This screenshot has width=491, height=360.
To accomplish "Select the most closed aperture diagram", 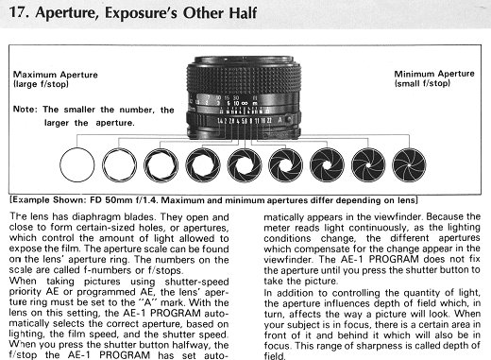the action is click(409, 165).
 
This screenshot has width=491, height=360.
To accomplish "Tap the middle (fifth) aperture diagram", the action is click(245, 165).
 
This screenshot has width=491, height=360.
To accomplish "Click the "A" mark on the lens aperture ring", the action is click(279, 120).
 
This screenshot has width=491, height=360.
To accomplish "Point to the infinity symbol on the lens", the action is click(245, 103).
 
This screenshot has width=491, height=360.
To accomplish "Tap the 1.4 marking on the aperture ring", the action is click(220, 121).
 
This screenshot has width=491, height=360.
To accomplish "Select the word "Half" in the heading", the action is click(243, 12).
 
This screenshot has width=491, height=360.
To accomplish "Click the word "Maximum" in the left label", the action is click(35, 75).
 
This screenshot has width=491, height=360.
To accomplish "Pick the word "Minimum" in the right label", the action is click(415, 74).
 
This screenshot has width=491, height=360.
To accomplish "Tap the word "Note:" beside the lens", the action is click(25, 110).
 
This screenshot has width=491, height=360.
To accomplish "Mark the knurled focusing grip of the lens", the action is click(244, 77).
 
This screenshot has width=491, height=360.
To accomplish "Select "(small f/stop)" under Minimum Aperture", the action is click(422, 83).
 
